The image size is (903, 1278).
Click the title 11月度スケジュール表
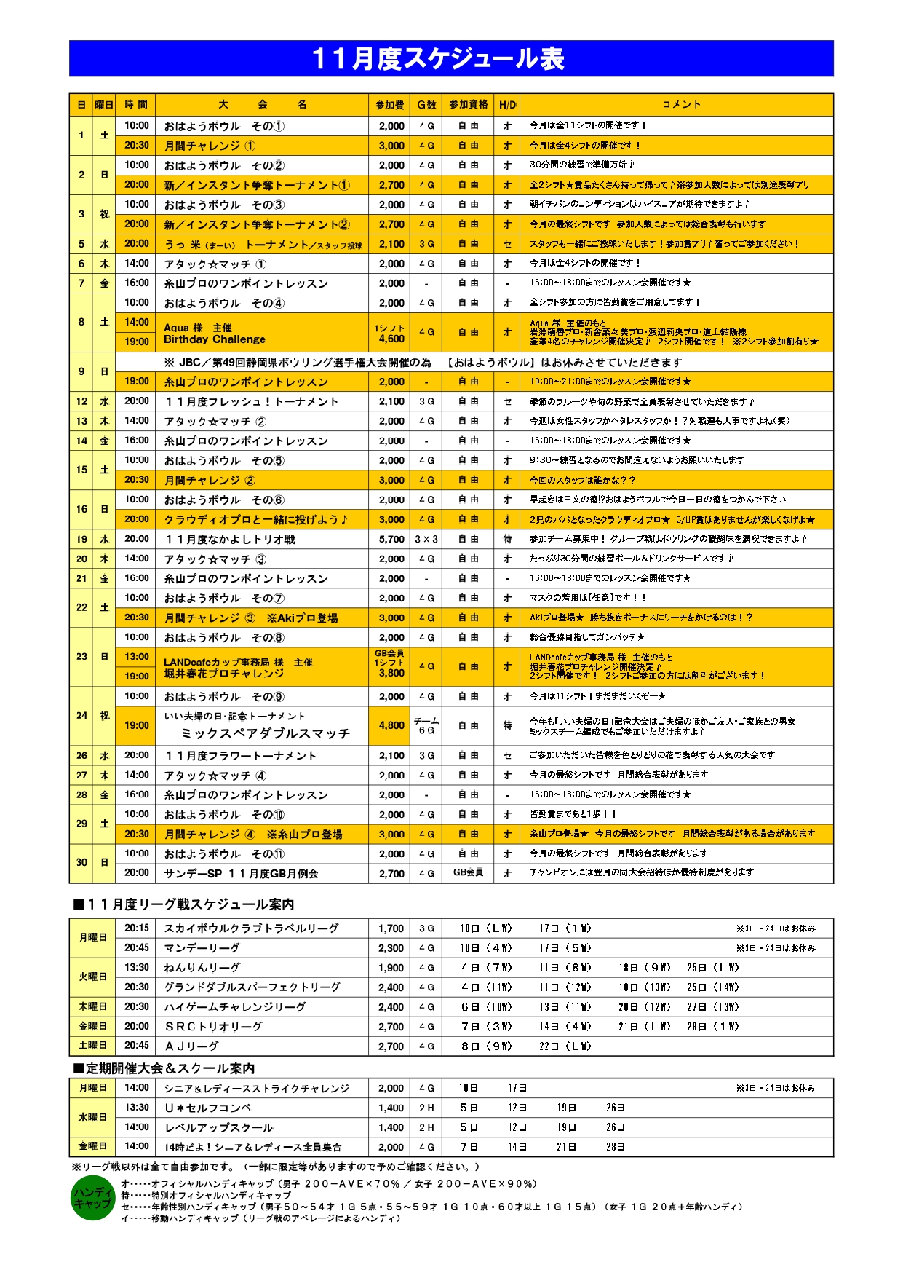coord(437,59)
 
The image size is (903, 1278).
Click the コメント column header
coord(681,105)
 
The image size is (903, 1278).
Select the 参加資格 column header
coord(468,105)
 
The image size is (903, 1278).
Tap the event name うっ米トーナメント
coord(262,245)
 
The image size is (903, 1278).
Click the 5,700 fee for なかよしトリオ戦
coord(391,540)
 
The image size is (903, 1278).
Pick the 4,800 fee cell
coord(391,726)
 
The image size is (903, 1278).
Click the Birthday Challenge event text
coord(215,339)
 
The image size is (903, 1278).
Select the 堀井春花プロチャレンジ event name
coord(223,674)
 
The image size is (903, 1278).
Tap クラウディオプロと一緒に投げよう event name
coord(255,520)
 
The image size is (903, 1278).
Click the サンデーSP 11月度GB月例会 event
coord(241,874)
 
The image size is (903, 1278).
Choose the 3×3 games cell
coord(426,540)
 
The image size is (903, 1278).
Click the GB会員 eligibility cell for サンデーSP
coord(468,873)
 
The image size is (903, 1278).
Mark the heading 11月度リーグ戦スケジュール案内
coord(183,904)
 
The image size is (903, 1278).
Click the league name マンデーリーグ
coord(202,948)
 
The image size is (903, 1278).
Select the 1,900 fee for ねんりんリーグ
coord(391,968)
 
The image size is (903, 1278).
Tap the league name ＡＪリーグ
coord(191,1046)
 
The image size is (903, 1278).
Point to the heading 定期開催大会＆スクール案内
coord(164,1069)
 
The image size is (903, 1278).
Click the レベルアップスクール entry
coord(218,1128)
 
